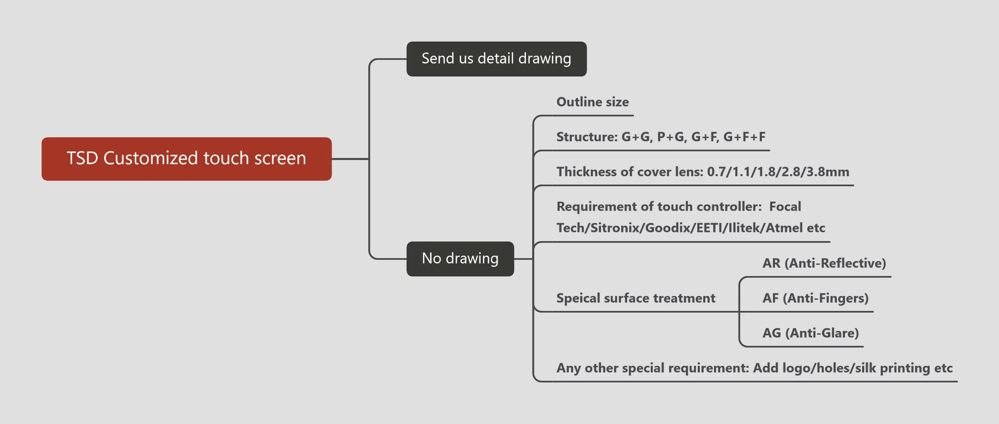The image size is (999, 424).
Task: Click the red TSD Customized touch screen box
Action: pos(186,159)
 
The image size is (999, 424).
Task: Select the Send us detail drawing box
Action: pos(496,59)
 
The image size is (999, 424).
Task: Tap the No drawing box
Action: pos(460,259)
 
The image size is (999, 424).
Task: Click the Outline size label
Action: pos(592,102)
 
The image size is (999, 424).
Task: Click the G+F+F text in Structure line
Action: pos(744,137)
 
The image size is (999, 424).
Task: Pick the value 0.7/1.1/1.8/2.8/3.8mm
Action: pos(778,172)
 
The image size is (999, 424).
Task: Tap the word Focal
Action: pos(785,207)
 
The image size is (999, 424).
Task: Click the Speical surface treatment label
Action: pos(636,298)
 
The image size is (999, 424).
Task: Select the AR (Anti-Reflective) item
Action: pos(824,263)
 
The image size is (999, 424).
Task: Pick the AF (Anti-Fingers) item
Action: pos(815,298)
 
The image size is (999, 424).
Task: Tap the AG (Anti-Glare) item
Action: pos(810,333)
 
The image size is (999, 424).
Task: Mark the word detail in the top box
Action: pos(496,59)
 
